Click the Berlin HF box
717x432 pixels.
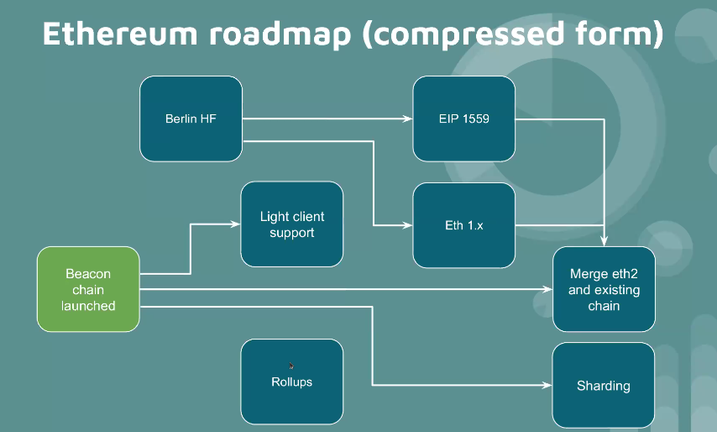click(x=191, y=119)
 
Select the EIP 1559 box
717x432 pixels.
click(x=463, y=119)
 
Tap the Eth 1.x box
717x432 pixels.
click(x=463, y=225)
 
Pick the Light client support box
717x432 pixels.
click(x=291, y=224)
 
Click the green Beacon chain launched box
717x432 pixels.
click(x=88, y=289)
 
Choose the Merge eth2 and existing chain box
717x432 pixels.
click(x=604, y=289)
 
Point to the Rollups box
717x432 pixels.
click(x=291, y=382)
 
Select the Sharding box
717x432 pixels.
click(x=603, y=385)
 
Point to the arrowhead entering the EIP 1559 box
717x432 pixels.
click(x=409, y=119)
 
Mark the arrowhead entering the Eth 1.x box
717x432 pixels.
click(x=409, y=225)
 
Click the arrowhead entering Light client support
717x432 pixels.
click(x=236, y=224)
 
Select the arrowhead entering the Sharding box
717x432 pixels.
click(x=547, y=385)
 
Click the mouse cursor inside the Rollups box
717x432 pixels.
click(x=291, y=366)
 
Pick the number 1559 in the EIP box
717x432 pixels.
click(x=476, y=119)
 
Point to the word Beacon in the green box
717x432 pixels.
click(x=88, y=274)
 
